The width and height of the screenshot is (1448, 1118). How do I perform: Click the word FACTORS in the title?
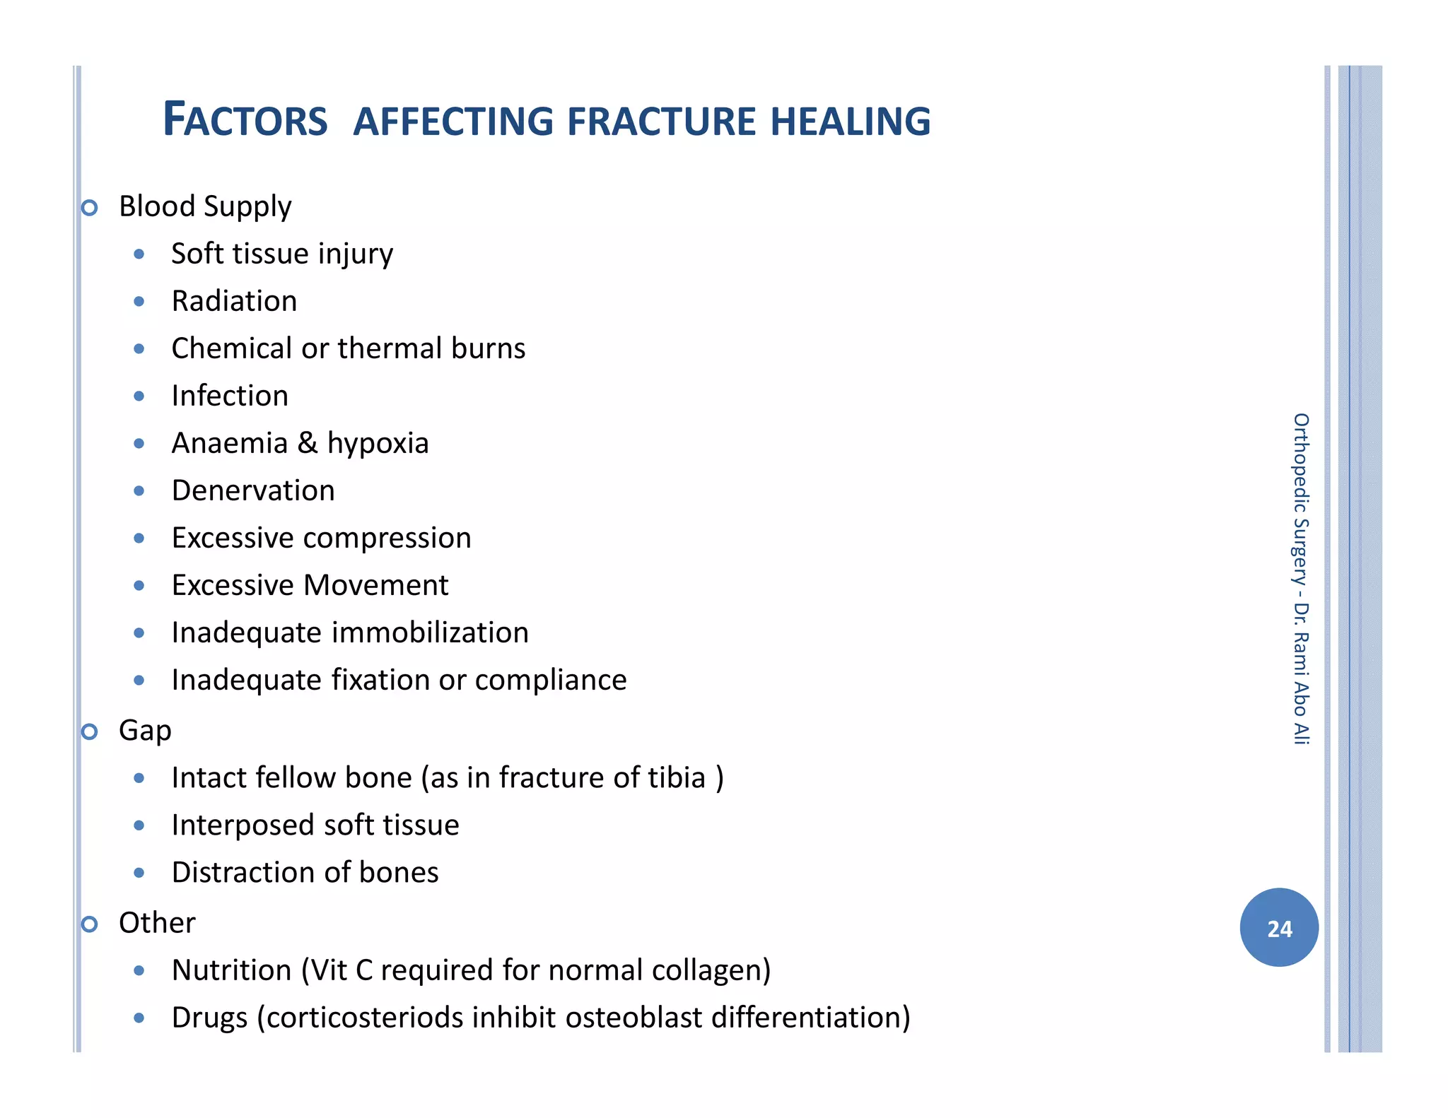click(245, 119)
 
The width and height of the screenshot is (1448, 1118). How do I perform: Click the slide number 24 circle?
click(1278, 927)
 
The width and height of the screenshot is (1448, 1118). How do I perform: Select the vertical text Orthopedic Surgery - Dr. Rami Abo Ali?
click(1300, 579)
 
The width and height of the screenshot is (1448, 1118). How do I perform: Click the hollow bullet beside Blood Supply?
click(89, 208)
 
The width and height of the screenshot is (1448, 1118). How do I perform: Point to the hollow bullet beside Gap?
click(89, 731)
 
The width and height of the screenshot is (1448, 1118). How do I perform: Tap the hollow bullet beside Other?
click(89, 924)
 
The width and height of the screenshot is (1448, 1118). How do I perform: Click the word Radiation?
click(234, 301)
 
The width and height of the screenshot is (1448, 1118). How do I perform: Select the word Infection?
click(230, 396)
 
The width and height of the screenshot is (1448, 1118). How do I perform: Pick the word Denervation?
click(253, 490)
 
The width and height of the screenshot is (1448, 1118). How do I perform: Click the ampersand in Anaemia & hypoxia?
click(307, 443)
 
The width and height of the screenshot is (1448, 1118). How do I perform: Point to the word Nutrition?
click(232, 970)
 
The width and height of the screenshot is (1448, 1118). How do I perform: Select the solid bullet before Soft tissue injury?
click(139, 254)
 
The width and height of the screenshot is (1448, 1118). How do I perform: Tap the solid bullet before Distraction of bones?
click(139, 873)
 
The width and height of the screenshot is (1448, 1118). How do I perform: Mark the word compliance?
click(551, 680)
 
